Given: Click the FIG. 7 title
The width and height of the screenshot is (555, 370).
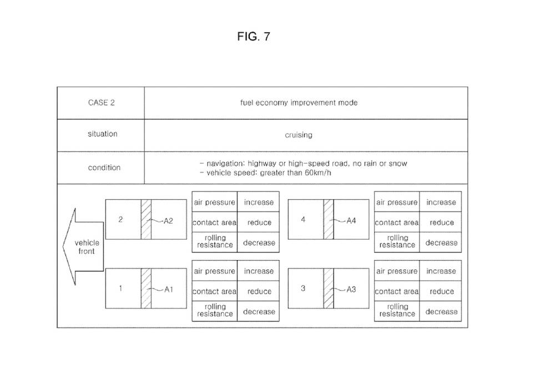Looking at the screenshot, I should (253, 37).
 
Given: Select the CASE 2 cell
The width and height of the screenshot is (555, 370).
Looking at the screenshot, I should (102, 103).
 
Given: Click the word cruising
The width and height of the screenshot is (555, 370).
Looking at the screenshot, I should (299, 135).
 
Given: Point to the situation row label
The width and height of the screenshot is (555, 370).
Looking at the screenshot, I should (103, 134).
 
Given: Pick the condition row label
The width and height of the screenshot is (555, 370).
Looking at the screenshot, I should (104, 168).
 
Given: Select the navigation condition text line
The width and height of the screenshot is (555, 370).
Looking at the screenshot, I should (303, 164).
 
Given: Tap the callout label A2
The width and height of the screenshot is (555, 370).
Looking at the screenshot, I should (169, 220).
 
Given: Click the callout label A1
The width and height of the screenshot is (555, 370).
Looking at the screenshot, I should (169, 289).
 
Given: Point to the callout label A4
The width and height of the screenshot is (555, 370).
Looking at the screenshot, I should (351, 220).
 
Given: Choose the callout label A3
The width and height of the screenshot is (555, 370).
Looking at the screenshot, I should (351, 289).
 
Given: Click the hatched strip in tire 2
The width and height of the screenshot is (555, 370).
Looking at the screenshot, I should (147, 219).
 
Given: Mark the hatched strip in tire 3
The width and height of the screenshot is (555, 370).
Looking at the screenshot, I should (329, 288).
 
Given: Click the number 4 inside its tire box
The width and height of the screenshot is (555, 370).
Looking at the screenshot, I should (303, 220).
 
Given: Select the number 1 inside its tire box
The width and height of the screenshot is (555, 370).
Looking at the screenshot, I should (120, 288).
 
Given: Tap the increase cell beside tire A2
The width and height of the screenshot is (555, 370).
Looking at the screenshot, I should (259, 202).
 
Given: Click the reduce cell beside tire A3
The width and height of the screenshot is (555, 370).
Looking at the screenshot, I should (442, 291).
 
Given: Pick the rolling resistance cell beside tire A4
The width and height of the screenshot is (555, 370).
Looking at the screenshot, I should (397, 241).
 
